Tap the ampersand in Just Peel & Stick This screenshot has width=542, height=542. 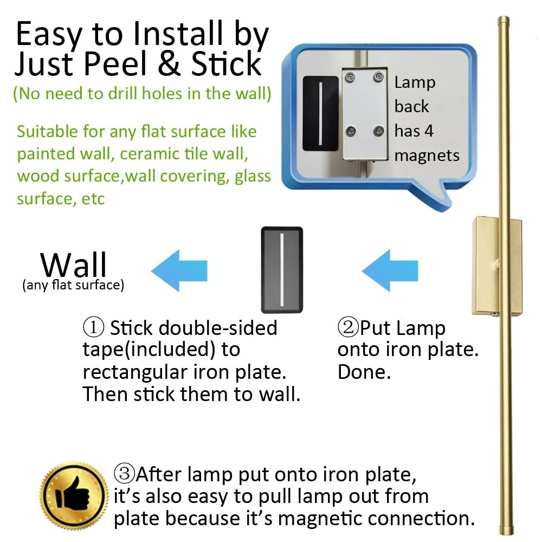tap(169, 63)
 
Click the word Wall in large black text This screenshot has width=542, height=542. tap(73, 264)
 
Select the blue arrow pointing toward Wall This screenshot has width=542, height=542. tap(179, 270)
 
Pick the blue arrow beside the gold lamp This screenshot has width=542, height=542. tap(390, 270)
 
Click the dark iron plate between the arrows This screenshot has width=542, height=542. tap(282, 269)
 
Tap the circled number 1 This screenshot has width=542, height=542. tap(93, 327)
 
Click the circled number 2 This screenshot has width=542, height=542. tap(348, 327)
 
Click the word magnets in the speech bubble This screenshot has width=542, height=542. tap(427, 156)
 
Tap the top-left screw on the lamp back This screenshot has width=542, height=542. tap(351, 77)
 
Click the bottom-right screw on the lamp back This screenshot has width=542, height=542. tap(379, 131)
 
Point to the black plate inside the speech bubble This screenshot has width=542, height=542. tap(320, 113)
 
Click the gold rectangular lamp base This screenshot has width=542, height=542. tap(496, 266)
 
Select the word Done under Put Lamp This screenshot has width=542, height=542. tap(364, 372)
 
